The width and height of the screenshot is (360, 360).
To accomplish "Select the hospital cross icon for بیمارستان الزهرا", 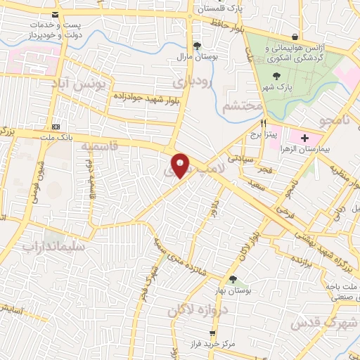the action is click(x=304, y=138).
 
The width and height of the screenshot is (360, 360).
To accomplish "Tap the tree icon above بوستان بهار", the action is click(x=233, y=280).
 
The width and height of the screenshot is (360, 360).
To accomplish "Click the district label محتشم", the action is click(x=243, y=106).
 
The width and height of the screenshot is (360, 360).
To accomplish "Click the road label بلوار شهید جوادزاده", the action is click(x=141, y=99).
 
